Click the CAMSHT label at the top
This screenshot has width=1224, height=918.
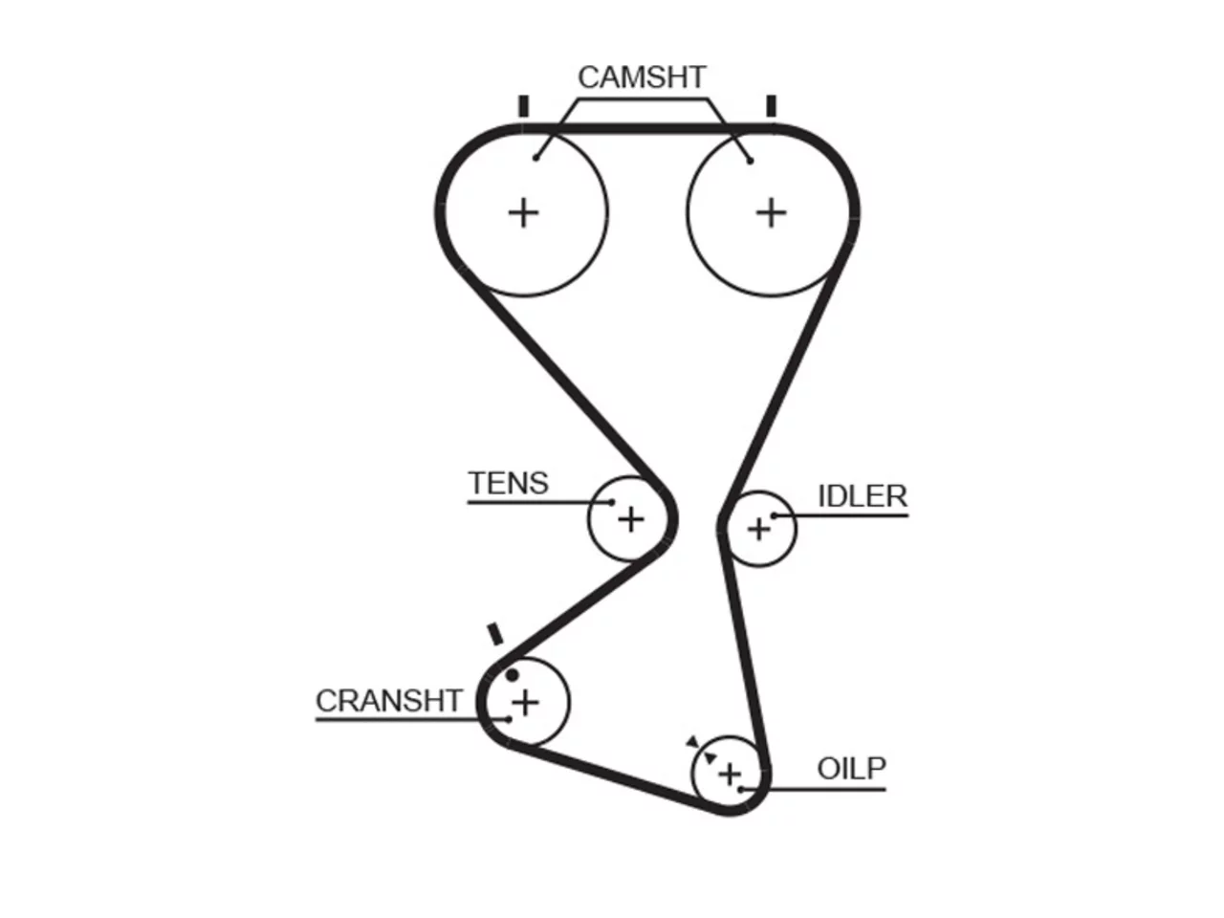(x=642, y=76)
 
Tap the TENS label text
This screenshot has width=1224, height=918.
(x=508, y=483)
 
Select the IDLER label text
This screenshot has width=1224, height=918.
(x=863, y=496)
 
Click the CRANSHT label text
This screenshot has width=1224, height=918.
(x=388, y=701)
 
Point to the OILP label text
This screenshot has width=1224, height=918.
(x=851, y=769)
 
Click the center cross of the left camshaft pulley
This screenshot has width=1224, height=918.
(x=524, y=213)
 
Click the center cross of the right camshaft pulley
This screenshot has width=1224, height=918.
(x=771, y=213)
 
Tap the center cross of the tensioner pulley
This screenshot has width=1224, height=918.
(x=631, y=520)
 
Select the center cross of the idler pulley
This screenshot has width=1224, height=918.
(x=759, y=529)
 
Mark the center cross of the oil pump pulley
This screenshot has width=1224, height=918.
(x=730, y=775)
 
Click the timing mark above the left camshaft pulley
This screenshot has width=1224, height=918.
(x=523, y=106)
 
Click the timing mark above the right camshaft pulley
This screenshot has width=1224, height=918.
(x=771, y=106)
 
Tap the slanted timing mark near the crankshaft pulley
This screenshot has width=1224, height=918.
(x=495, y=634)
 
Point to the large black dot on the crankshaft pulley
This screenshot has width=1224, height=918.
(x=512, y=675)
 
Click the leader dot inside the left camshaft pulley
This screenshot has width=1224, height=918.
(x=535, y=159)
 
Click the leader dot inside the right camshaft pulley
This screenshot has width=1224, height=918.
(x=750, y=161)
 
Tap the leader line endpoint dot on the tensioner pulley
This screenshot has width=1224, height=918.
(x=612, y=502)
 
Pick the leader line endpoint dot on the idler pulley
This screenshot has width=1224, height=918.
(x=774, y=516)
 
